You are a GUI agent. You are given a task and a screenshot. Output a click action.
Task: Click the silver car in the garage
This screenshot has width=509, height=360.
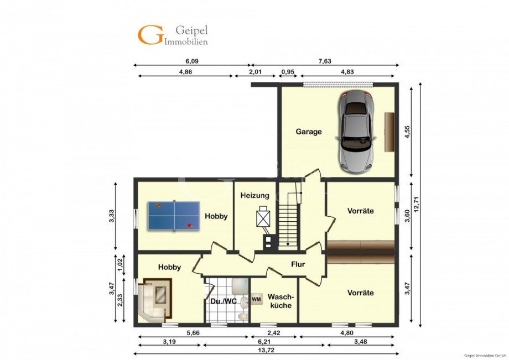(x=356, y=131)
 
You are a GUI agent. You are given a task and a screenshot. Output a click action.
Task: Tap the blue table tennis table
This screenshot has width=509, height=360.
(x=174, y=216)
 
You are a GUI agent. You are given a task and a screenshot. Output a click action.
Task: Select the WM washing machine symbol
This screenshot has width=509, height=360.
(x=257, y=299)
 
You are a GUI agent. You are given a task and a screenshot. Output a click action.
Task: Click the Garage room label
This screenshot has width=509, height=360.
(x=308, y=132)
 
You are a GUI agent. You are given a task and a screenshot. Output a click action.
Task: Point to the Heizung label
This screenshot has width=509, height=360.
(x=255, y=196)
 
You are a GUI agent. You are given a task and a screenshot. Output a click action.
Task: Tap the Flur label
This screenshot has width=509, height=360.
(x=298, y=264)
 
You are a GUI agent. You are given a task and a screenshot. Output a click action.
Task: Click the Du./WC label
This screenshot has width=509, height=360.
(x=224, y=301)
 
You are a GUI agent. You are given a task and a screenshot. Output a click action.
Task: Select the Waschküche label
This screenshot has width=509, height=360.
(x=281, y=301)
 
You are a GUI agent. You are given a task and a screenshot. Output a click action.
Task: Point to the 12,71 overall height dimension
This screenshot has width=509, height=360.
(x=417, y=205)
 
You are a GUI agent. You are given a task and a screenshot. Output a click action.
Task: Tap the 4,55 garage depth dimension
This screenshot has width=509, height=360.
(x=408, y=132)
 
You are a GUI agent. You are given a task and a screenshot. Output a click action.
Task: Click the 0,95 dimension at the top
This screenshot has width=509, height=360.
(x=287, y=72)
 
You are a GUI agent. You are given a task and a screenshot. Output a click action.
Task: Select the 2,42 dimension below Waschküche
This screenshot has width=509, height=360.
(x=273, y=333)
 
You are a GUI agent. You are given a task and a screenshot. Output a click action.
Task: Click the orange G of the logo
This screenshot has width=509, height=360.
(x=150, y=35)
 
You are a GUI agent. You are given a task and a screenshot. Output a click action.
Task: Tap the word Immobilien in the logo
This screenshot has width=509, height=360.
(x=186, y=41)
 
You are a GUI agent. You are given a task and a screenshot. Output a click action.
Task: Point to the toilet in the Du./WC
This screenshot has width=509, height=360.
(x=242, y=316)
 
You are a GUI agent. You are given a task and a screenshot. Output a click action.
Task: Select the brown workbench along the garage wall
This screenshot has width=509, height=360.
(x=389, y=132)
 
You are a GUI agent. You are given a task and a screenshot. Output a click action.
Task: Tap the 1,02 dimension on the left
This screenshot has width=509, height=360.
(x=120, y=265)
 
